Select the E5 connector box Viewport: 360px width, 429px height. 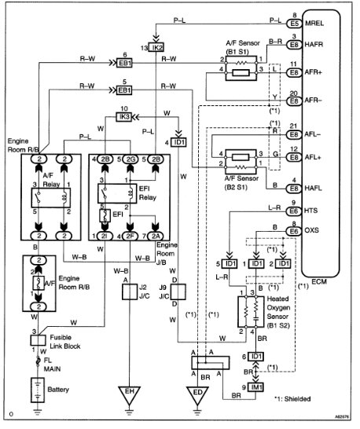point(294,24)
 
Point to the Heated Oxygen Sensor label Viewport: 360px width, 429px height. point(277,309)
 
